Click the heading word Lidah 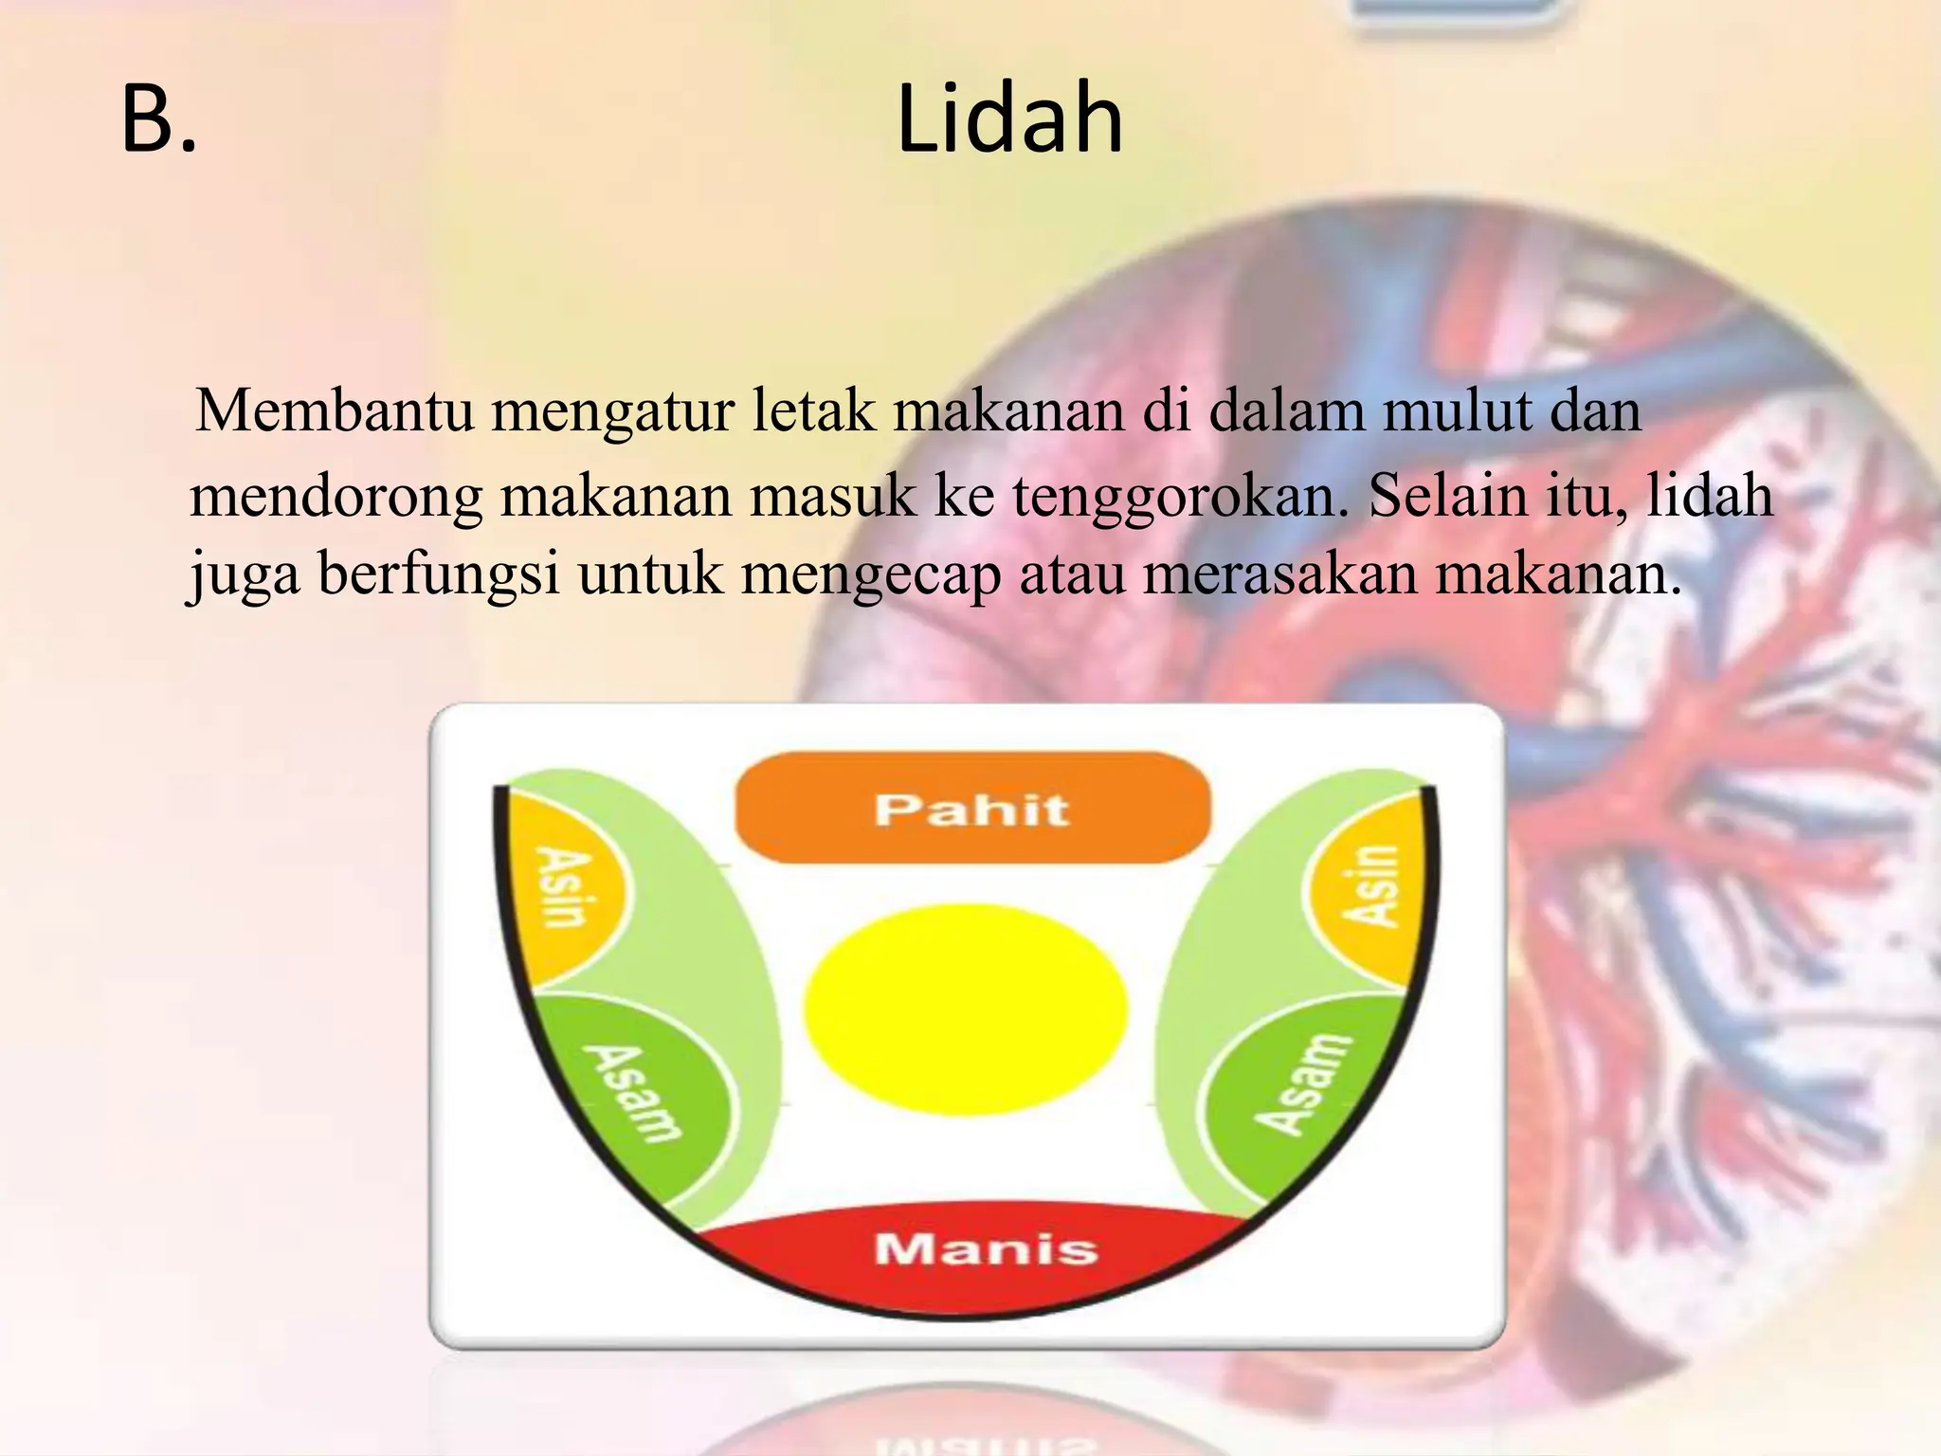tap(1009, 119)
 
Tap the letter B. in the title tap(159, 119)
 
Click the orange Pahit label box tap(972, 809)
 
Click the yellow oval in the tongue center tap(966, 1009)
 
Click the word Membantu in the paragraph tap(335, 411)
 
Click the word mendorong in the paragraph tap(336, 497)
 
